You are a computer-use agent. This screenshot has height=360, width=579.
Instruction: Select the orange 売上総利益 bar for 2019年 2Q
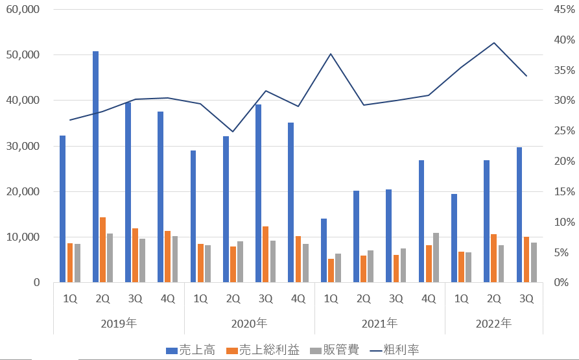[x=103, y=250]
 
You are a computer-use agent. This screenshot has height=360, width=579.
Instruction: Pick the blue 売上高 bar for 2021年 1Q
[x=324, y=250]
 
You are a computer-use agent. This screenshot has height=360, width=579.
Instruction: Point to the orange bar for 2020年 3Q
[x=266, y=254]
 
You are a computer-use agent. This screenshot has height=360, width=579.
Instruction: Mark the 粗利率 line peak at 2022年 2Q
[x=494, y=43]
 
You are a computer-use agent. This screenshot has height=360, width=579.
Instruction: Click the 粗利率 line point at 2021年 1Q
[x=331, y=54]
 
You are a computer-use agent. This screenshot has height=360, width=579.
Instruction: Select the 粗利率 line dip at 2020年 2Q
[x=233, y=132]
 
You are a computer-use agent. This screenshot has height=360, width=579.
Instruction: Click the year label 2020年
[x=250, y=323]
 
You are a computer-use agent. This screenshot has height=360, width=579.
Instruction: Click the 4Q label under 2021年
[x=429, y=299]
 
